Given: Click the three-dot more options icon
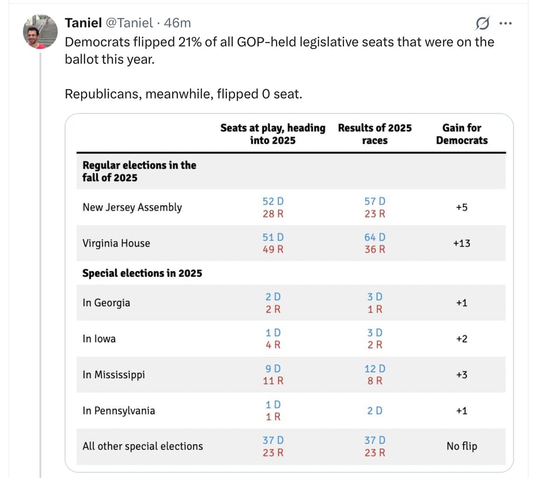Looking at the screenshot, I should pyautogui.click(x=505, y=24).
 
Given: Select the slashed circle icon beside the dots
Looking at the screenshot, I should pyautogui.click(x=483, y=24).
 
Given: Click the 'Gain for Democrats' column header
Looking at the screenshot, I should pyautogui.click(x=461, y=134).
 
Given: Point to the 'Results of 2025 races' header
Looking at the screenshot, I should pyautogui.click(x=374, y=134).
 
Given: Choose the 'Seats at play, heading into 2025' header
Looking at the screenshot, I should pyautogui.click(x=272, y=134).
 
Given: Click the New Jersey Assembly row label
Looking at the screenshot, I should pyautogui.click(x=132, y=207).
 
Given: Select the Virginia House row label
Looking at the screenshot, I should pyautogui.click(x=116, y=243).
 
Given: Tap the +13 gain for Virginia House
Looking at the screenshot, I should pyautogui.click(x=461, y=243).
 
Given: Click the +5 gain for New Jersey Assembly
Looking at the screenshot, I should pyautogui.click(x=461, y=207).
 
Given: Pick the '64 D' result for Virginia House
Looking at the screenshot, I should pyautogui.click(x=374, y=237).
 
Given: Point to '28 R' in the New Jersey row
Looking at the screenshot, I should pyautogui.click(x=272, y=214).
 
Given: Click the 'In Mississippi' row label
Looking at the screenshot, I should pyautogui.click(x=113, y=375).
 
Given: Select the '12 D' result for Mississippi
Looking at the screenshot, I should pyautogui.click(x=374, y=369).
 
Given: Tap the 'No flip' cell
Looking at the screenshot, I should pyautogui.click(x=461, y=446).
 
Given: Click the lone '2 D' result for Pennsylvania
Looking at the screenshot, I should pyautogui.click(x=374, y=411).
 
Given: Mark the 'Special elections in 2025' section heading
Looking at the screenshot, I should pyautogui.click(x=142, y=273).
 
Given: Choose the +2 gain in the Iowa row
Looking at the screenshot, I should pyautogui.click(x=461, y=339).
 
